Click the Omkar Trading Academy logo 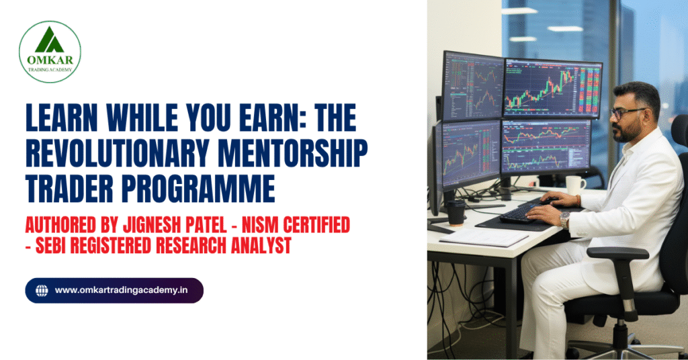[50, 52]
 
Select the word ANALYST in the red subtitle [255, 246]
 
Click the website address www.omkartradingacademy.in [121, 290]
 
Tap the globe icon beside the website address [42, 290]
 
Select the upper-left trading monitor [472, 85]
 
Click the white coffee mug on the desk [575, 185]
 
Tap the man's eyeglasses [628, 113]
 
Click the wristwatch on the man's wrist [565, 219]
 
